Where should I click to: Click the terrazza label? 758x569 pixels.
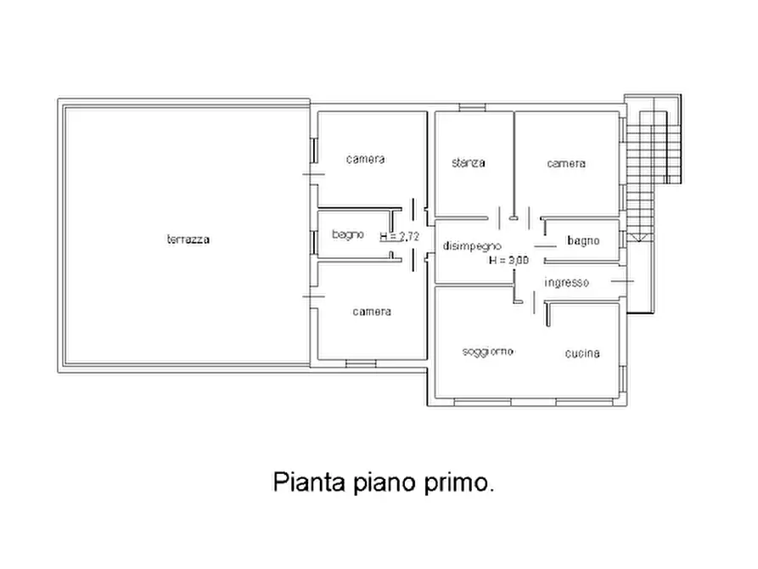[x=188, y=239]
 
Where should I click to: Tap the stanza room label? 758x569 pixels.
[x=469, y=162]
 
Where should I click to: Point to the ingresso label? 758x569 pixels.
[x=566, y=282]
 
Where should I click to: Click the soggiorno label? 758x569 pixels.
[x=487, y=352]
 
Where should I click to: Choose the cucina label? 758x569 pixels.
[x=582, y=353]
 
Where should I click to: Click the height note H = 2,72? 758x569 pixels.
[x=400, y=236]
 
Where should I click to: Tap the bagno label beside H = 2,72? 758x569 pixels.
[x=348, y=234]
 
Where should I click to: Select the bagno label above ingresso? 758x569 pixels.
[x=583, y=241]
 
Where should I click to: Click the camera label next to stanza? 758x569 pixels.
[x=565, y=163]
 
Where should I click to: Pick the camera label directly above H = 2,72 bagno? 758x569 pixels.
[x=365, y=159]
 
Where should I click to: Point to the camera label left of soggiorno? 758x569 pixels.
[x=372, y=312]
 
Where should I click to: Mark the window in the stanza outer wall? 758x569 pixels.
[x=472, y=107]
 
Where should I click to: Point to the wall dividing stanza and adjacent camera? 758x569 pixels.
[x=514, y=161]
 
